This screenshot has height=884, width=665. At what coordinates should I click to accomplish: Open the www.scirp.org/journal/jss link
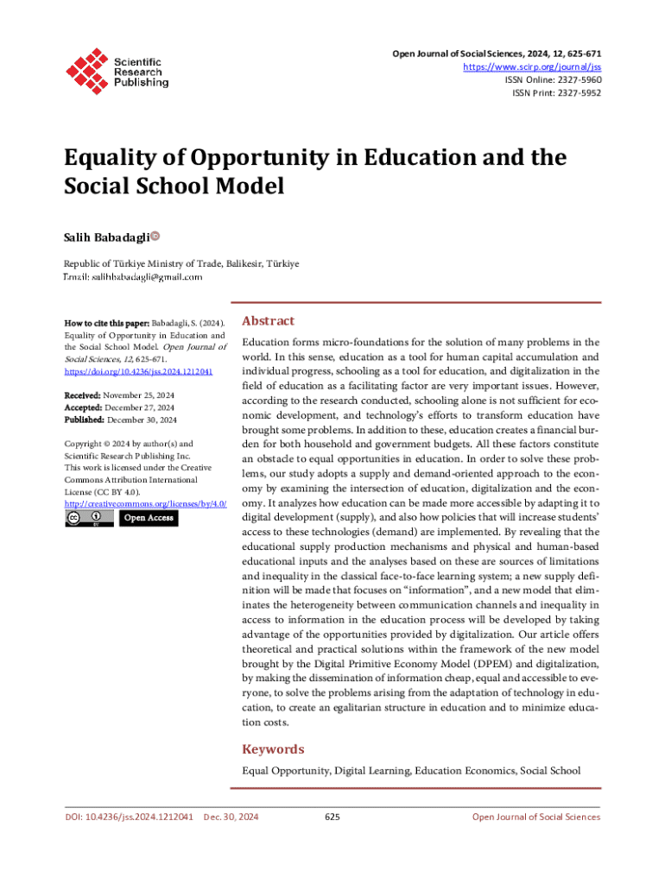[532, 66]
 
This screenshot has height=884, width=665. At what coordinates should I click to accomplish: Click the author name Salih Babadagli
[106, 236]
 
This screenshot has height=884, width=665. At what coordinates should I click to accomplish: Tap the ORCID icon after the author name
[155, 235]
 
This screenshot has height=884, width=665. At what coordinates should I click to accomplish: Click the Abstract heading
[269, 320]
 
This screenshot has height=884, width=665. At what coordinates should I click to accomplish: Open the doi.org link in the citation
[139, 371]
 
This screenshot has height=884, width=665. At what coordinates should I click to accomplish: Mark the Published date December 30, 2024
[142, 420]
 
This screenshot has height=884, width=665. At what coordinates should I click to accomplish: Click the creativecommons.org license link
[145, 503]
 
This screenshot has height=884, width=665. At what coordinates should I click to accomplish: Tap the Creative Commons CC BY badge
[88, 518]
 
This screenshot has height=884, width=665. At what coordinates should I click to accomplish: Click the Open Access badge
[148, 518]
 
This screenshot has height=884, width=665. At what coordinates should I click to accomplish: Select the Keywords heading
[273, 749]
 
